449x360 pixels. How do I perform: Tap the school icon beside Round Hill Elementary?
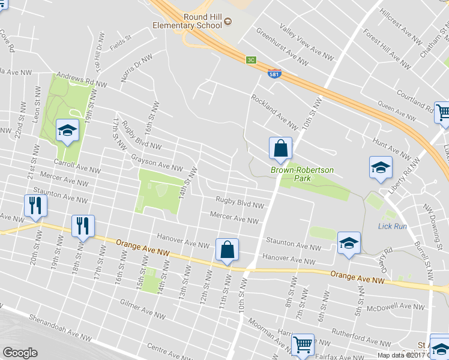[x=228, y=23]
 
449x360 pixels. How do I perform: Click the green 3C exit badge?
[x=252, y=60]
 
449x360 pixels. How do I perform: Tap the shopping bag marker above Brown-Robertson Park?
[x=280, y=148]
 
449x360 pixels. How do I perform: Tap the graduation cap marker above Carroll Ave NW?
[x=67, y=130]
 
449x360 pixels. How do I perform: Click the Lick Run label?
[x=393, y=226]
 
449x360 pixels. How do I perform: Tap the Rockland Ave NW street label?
[x=275, y=112]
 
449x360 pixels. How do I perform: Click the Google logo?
[x=20, y=353]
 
